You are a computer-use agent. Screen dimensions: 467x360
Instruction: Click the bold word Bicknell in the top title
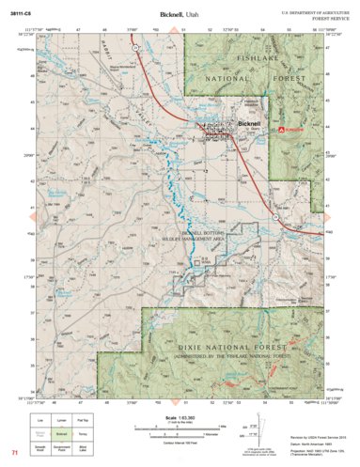pos(172,15)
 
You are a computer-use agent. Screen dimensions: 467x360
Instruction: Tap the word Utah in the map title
pos(193,15)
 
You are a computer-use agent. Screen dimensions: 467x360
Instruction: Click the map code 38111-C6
pos(21,14)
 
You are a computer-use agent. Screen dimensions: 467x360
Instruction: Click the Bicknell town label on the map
pos(250,123)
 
